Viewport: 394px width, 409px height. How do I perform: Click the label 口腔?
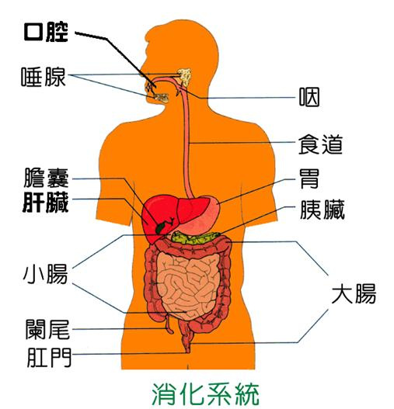coord(46,33)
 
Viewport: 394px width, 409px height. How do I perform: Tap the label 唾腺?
coord(44,77)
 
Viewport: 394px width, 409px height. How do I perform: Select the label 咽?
coord(309,97)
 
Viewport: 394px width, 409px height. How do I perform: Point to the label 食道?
coord(321,144)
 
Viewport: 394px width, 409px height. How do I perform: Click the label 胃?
coord(309,179)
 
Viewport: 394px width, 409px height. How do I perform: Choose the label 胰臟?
coord(323,210)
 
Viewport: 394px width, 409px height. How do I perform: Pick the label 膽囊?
coord(46,178)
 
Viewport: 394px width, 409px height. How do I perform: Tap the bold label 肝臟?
coord(45,203)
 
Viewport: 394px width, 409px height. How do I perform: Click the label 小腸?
coord(45,274)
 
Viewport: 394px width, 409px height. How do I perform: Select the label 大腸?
coord(354,293)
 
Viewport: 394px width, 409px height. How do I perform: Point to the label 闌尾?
coord(48,329)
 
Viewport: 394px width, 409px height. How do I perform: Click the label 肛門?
coord(49,357)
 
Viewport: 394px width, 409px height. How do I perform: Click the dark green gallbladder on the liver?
coord(161,227)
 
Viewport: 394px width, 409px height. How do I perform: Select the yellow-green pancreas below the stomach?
coord(197,238)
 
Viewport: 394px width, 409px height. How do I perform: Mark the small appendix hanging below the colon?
coord(169,325)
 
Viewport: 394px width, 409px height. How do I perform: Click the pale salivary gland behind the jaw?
coord(185,77)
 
